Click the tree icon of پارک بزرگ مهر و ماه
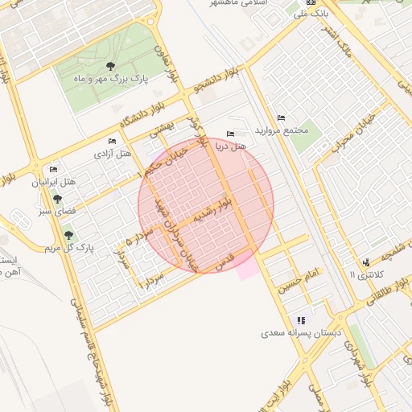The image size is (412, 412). pos(110,67)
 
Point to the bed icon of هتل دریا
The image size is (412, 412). pos(231,134)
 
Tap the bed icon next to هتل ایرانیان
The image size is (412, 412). pos(53,169)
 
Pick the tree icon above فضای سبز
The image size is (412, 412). pos(56,199)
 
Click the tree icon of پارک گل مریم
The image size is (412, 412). pos(68,235)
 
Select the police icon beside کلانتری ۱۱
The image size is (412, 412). pos(367,262)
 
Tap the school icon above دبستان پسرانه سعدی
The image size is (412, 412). pos(301,319)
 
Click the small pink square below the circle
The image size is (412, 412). pos(248,268)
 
